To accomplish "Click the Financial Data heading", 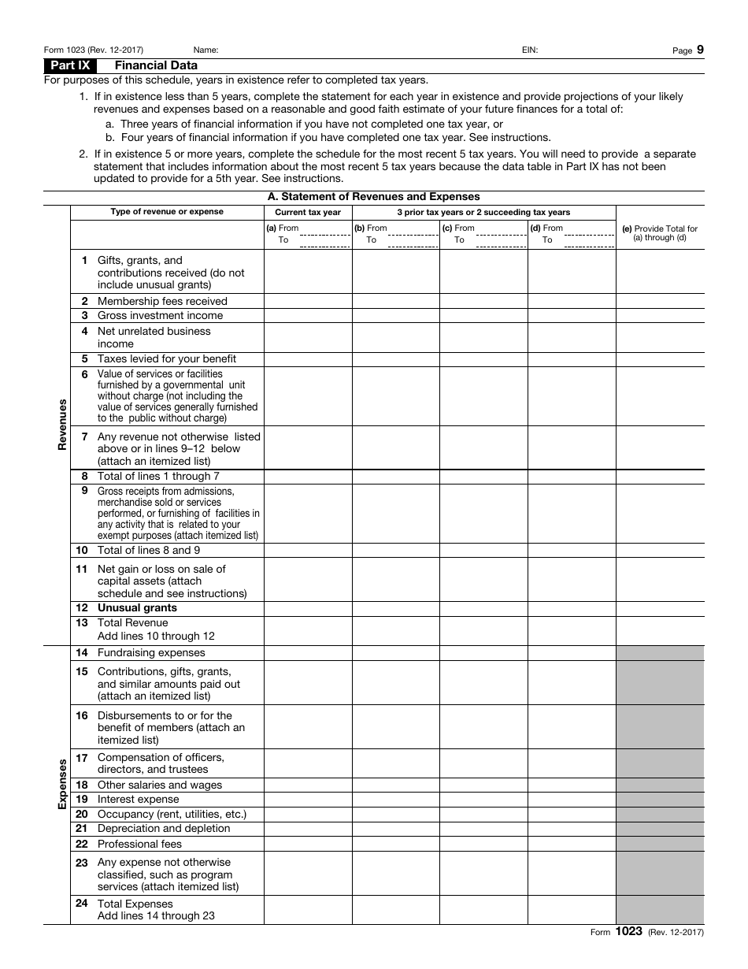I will [x=157, y=65].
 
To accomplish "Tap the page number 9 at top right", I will [x=700, y=50].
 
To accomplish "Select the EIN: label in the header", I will [x=530, y=50].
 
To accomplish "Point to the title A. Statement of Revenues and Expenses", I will [x=373, y=197].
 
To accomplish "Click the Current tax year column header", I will [x=308, y=213].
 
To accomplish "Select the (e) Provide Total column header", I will [x=660, y=233].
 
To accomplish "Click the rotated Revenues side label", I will [x=61, y=425].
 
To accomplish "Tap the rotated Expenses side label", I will [x=61, y=785].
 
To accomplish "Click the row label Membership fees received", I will [x=162, y=301].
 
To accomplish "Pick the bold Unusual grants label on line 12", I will [x=137, y=608].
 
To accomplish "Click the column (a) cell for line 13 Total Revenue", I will [x=308, y=629].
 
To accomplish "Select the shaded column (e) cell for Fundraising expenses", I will [x=660, y=653].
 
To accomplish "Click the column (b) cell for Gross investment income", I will [x=395, y=315].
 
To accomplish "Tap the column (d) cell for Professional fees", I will [x=571, y=844].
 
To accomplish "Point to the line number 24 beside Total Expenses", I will [x=82, y=904].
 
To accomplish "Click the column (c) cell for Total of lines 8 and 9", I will [x=483, y=550].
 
